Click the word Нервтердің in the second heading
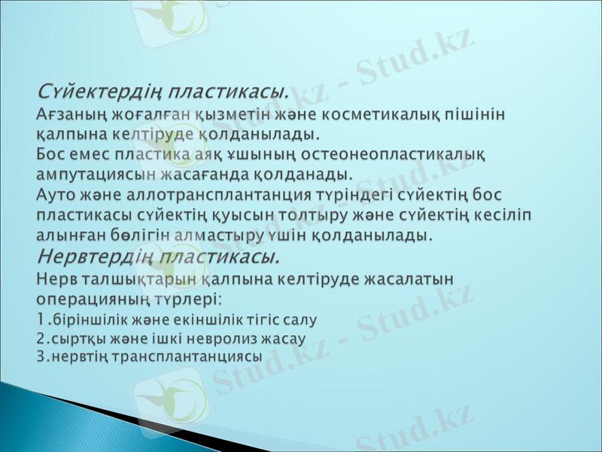point(89,257)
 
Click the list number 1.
point(41,319)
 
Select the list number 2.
point(41,338)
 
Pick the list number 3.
point(41,356)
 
